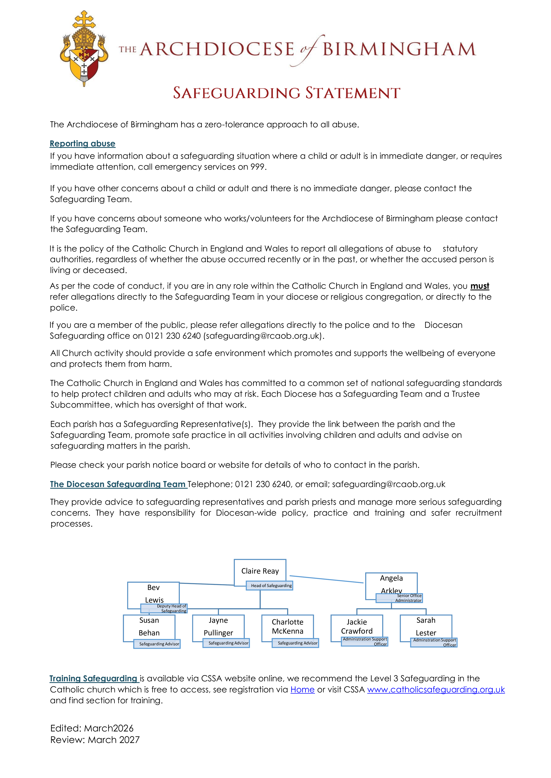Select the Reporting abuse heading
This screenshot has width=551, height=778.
click(82, 144)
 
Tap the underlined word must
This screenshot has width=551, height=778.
click(479, 286)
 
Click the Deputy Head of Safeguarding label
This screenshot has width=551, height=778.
click(164, 608)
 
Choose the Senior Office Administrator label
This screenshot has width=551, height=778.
click(399, 598)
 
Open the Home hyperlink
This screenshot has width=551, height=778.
click(302, 690)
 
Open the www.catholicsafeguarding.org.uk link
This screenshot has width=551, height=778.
click(436, 690)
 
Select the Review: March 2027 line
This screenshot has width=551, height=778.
click(95, 740)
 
